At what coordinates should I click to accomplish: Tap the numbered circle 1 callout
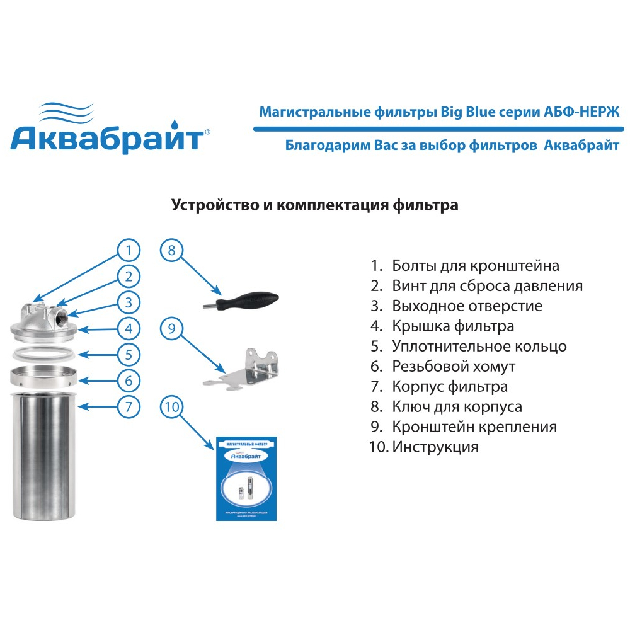(129, 251)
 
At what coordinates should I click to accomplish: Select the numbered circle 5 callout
(129, 354)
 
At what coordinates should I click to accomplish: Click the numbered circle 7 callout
(129, 406)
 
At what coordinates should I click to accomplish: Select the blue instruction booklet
(246, 478)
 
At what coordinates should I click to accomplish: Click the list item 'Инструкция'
(435, 447)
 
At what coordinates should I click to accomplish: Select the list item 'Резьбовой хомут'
(453, 367)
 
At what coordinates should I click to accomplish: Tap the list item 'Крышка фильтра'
(452, 326)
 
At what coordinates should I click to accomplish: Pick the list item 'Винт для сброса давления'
(486, 286)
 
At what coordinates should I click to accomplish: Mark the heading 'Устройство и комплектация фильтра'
(314, 205)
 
